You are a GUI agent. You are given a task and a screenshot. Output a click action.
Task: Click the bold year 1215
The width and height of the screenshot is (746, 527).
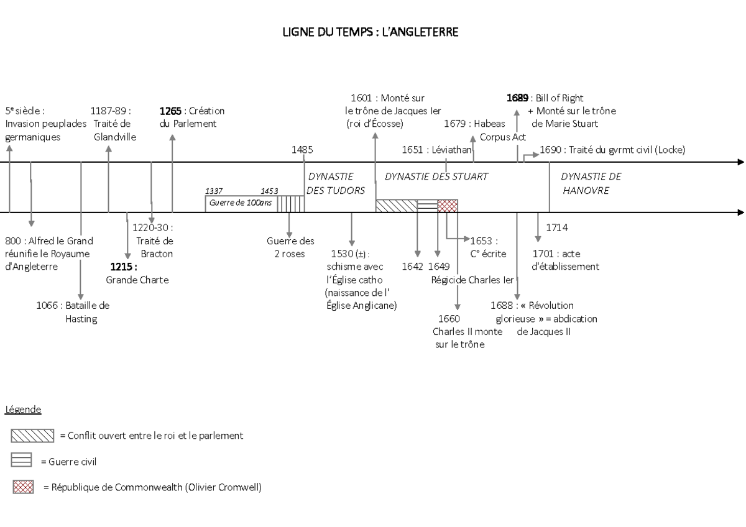[x=123, y=267]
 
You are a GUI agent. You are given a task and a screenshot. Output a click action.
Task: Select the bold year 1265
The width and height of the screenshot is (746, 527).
[x=171, y=111]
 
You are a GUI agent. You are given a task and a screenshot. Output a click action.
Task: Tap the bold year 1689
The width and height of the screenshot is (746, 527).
[x=517, y=98]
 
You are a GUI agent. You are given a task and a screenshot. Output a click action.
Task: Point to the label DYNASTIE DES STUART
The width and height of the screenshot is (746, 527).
[x=436, y=176]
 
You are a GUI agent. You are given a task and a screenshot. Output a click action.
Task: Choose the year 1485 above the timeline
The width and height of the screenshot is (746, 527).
[x=302, y=150]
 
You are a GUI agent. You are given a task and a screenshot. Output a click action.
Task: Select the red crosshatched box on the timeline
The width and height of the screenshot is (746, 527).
[x=448, y=206]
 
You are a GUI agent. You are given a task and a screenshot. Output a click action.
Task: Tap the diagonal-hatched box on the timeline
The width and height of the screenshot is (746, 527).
[x=396, y=206]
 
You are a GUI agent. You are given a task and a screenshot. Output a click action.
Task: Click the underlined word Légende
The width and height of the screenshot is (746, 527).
[x=23, y=410]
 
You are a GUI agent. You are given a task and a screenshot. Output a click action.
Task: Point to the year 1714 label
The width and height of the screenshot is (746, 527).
[x=557, y=227]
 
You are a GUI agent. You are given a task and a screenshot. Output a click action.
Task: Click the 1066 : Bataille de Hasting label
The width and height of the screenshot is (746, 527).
[x=73, y=312]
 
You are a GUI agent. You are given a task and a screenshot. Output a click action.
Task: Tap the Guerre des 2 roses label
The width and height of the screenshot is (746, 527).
[x=290, y=247]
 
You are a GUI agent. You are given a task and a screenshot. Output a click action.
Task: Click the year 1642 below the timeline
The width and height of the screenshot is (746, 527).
[x=412, y=266]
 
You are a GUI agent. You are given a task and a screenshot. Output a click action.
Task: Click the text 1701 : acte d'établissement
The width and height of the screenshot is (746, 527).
[x=566, y=260]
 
